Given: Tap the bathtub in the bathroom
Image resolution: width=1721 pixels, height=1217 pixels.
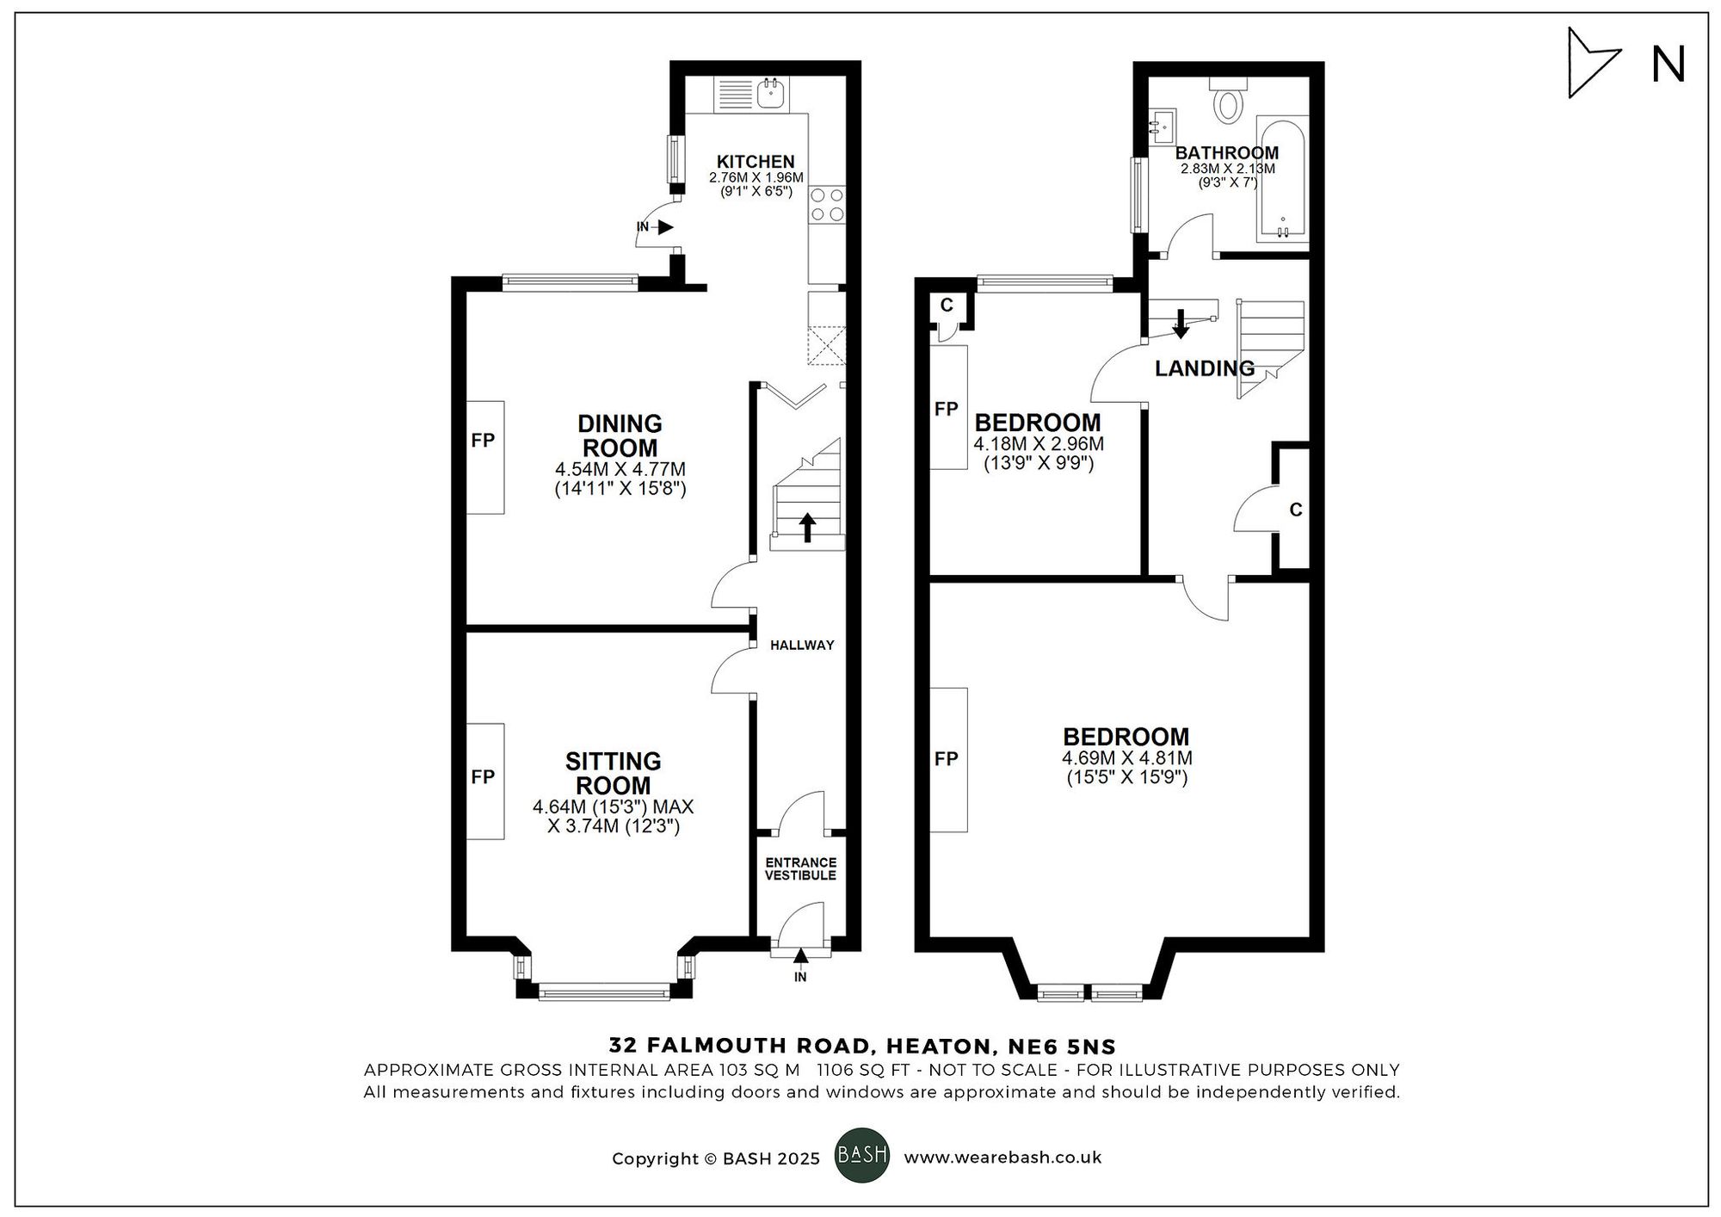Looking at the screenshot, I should coord(1283,179).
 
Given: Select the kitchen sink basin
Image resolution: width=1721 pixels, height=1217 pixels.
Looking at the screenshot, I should coord(771,92).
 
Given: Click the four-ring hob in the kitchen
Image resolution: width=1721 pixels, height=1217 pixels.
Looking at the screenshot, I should coord(827,205).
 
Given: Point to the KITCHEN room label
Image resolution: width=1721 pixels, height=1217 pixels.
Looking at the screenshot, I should coord(756,162).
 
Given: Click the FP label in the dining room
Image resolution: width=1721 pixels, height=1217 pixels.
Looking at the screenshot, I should coord(484,441).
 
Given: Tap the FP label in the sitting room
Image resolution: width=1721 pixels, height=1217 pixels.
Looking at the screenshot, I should coord(484,777).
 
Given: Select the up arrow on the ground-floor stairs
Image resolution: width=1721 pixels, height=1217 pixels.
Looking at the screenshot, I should coord(807,527).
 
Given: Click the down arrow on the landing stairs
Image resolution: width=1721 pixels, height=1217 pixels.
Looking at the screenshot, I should coord(1181,323).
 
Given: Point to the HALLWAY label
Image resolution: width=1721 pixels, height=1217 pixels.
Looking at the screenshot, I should coord(802,645).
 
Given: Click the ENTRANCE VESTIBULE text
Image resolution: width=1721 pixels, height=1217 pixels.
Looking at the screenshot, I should coord(800,869).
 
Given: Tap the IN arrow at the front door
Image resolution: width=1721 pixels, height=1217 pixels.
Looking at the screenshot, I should coord(800,956).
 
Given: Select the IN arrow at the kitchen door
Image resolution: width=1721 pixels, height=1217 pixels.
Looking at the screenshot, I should coord(664,227).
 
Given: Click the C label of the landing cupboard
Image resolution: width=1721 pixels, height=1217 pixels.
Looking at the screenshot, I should coord(1296,510).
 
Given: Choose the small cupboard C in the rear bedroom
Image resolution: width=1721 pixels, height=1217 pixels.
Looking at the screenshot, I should coord(947,305).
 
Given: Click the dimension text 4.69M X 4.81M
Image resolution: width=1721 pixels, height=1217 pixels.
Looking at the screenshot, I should coord(1126,758).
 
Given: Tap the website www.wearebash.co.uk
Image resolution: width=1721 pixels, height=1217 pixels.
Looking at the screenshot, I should coord(1002,1158).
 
